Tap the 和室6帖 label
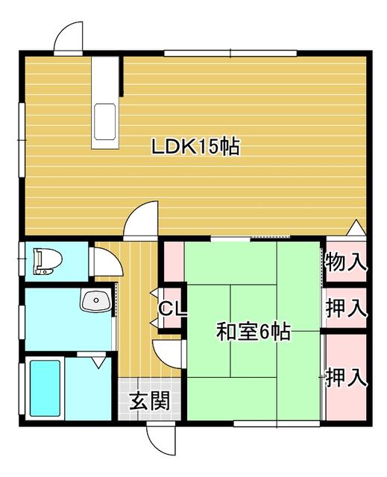pyautogui.click(x=253, y=332)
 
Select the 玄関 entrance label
pyautogui.click(x=149, y=400)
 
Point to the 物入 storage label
pyautogui.click(x=346, y=262)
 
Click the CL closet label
pyautogui.click(x=172, y=309)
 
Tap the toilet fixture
pyautogui.click(x=48, y=261)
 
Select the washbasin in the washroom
pyautogui.click(x=96, y=300)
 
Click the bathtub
pyautogui.click(x=45, y=388)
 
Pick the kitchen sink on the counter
pyautogui.click(x=105, y=121)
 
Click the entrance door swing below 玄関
pyautogui.click(x=160, y=437)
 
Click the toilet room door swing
pyautogui.click(x=106, y=262)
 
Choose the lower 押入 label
pyautogui.click(x=346, y=378)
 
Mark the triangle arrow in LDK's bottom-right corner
pyautogui.click(x=356, y=227)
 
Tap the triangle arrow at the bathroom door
pyautogui.click(x=98, y=363)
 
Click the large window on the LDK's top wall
pyautogui.click(x=230, y=54)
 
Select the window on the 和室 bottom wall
pyautogui.click(x=277, y=423)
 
